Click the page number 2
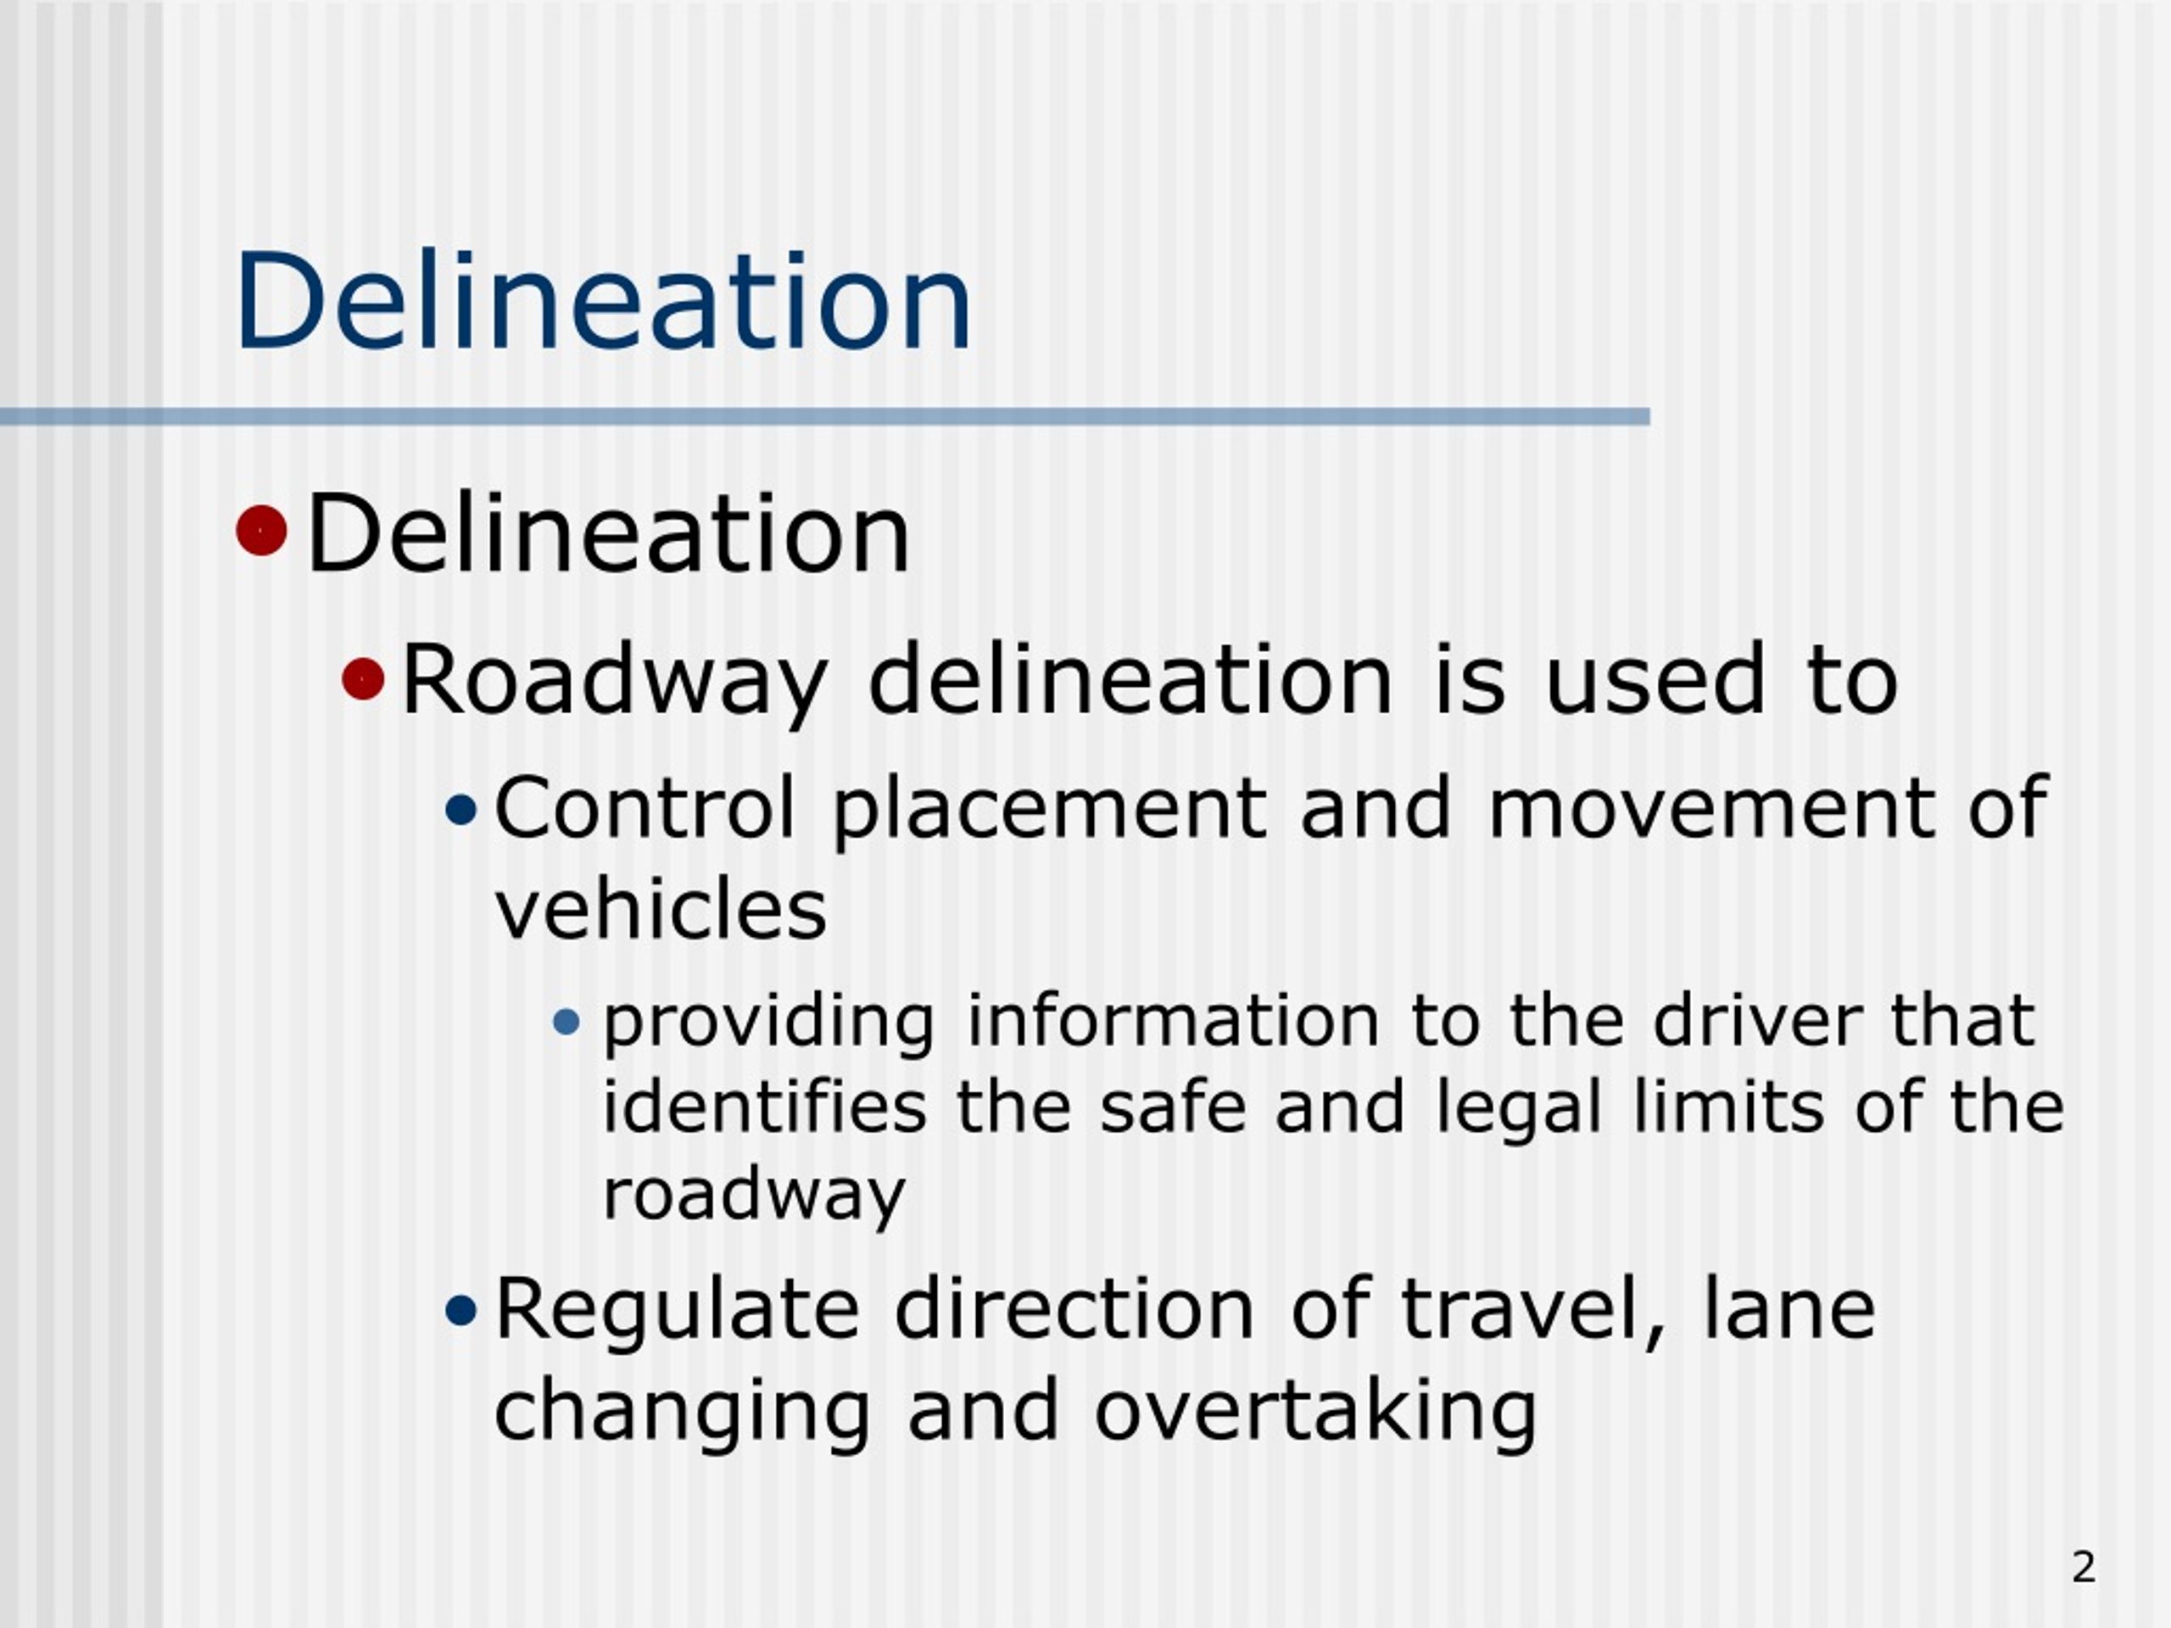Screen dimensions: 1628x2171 tap(2084, 1567)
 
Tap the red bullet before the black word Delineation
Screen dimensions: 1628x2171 tap(261, 531)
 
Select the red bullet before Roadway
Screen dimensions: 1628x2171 tap(363, 678)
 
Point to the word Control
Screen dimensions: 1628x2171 tap(644, 807)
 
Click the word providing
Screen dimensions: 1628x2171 tap(768, 1023)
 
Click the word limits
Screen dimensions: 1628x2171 tap(1728, 1107)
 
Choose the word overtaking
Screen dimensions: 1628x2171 tap(1315, 1413)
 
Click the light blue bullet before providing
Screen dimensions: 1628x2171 tap(567, 1023)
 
